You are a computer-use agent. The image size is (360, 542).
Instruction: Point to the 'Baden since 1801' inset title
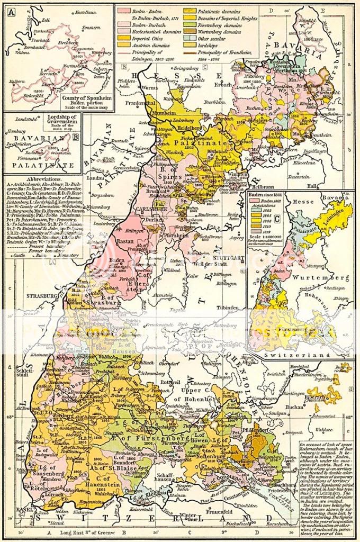[x=268, y=195]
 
